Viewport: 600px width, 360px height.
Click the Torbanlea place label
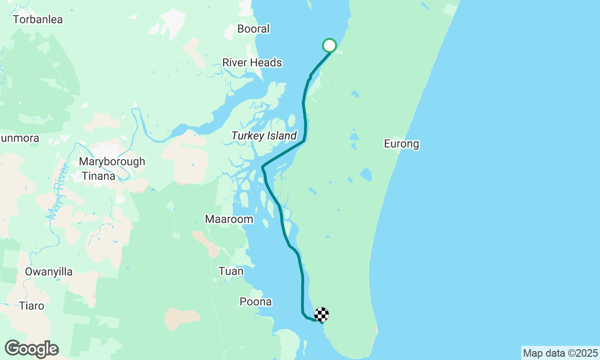pos(38,20)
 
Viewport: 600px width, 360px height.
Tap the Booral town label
pos(254,29)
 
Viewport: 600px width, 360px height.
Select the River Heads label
pos(252,62)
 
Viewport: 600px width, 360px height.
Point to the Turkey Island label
pos(264,136)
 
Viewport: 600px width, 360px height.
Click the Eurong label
pos(401,144)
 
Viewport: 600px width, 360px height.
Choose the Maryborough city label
pos(112,162)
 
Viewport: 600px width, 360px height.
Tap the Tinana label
pos(98,176)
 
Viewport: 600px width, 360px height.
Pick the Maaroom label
pos(229,219)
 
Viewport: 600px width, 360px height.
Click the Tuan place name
pos(231,271)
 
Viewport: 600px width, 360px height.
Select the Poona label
pos(255,302)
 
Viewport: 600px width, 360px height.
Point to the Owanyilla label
pos(49,272)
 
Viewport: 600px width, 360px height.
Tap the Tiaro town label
pos(32,306)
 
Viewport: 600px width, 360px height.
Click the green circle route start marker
pos(330,45)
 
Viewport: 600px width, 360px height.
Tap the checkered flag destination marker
pos(322,315)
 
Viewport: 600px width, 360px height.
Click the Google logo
pos(31,349)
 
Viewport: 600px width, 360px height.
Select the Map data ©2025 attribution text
pos(560,353)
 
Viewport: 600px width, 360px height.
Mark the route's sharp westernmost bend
pos(262,166)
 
